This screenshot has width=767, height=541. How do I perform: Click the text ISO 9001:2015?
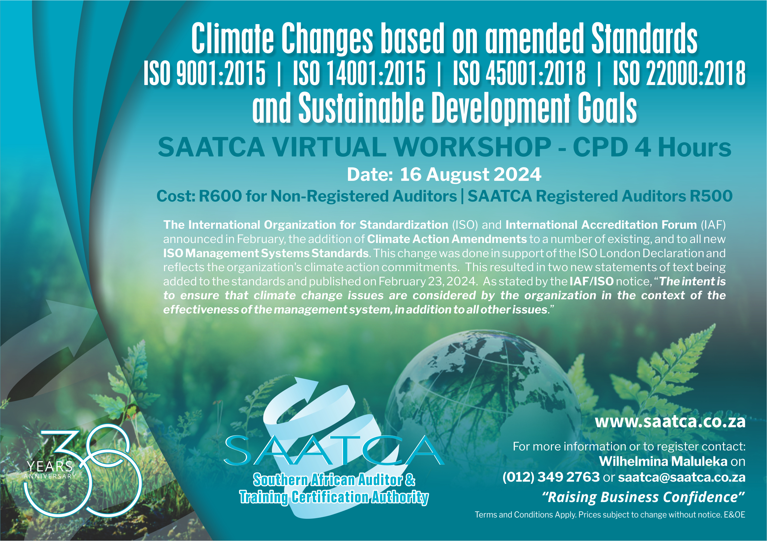pos(205,73)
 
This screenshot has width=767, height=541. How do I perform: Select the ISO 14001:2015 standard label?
pos(359,73)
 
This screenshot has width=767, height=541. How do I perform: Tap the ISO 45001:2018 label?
pos(519,73)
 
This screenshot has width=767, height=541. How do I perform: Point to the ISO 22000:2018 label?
pos(679,73)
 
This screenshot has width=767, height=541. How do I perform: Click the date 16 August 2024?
pos(470,174)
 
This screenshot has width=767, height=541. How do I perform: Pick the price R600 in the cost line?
pos(220,196)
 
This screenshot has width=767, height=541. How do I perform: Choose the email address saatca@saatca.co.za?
pos(682,477)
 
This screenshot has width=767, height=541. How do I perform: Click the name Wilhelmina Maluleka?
pos(663,462)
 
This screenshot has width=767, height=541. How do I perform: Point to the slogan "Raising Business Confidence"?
pos(643,497)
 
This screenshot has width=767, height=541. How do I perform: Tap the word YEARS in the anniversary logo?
pos(49,466)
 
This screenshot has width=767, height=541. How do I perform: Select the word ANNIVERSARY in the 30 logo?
pos(50,476)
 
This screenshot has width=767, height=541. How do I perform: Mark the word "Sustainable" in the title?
pos(361,108)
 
